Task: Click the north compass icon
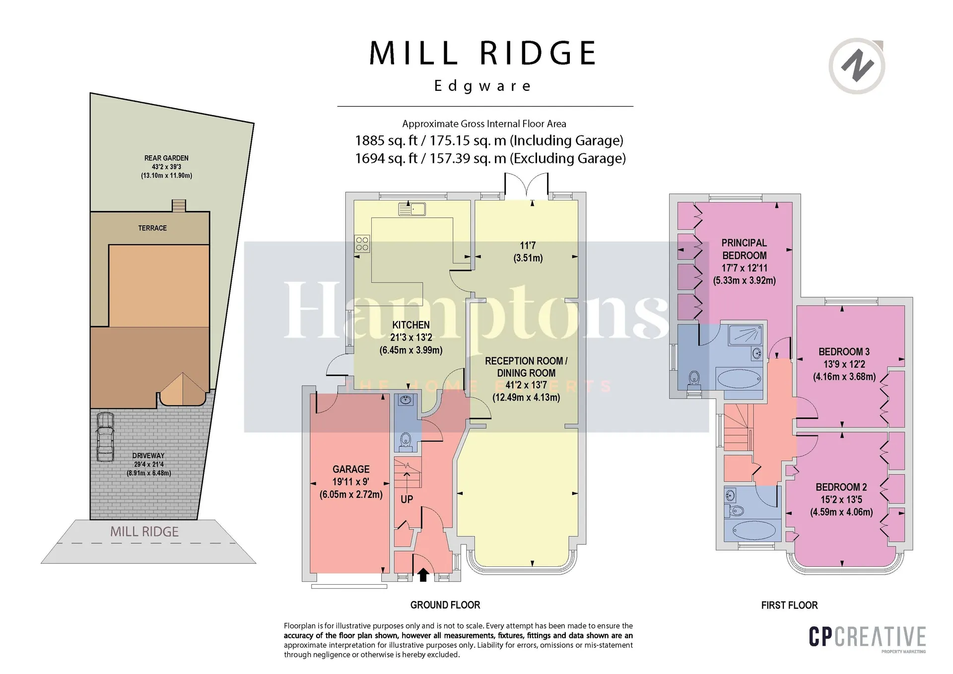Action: (857, 66)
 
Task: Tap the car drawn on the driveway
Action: (105, 437)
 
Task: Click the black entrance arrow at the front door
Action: (423, 575)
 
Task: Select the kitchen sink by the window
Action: (412, 209)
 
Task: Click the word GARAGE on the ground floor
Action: (351, 469)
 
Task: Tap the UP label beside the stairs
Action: (407, 499)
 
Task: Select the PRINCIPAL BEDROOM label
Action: (744, 249)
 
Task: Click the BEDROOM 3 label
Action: (844, 352)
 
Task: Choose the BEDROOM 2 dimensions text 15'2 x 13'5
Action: (841, 500)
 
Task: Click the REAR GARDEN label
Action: (166, 158)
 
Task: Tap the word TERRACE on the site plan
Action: (152, 228)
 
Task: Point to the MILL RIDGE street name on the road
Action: (144, 532)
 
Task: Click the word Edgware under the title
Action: (483, 86)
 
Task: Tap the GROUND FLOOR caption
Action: (445, 605)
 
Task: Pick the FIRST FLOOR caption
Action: (789, 605)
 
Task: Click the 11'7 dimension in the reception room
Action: (528, 245)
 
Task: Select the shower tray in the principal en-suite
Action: (745, 335)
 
